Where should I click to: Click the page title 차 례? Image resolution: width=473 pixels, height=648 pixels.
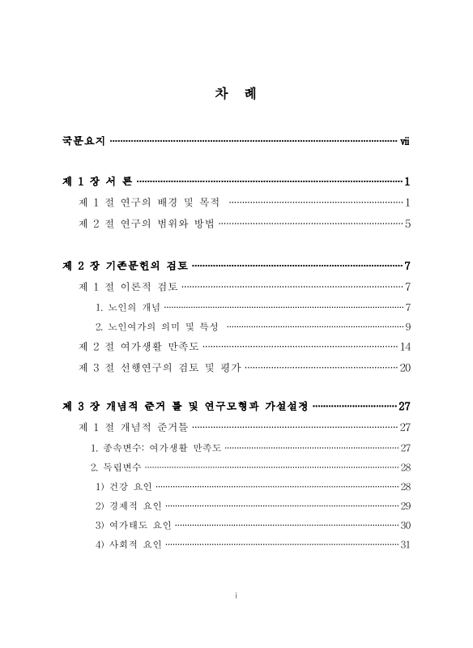pyautogui.click(x=236, y=94)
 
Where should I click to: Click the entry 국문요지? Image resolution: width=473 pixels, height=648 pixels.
pyautogui.click(x=83, y=142)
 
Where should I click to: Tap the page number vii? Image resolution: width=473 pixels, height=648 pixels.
pyautogui.click(x=405, y=142)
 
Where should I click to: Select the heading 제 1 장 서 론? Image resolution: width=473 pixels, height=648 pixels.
pyautogui.click(x=98, y=181)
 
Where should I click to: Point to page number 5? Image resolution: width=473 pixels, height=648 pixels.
pyautogui.click(x=408, y=223)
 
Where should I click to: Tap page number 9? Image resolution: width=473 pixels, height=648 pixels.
pyautogui.click(x=408, y=326)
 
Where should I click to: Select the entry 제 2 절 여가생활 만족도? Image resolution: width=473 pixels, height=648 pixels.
pyautogui.click(x=133, y=347)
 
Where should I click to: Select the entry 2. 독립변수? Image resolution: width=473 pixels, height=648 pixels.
pyautogui.click(x=117, y=467)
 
